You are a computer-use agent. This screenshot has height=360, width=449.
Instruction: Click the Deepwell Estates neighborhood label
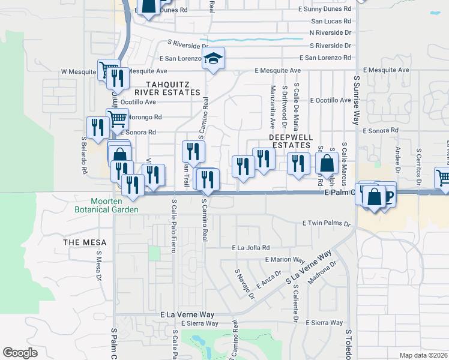pos(291,141)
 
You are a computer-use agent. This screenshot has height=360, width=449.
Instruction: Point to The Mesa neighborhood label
pos(85,242)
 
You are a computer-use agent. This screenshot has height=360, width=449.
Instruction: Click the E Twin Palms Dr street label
pos(325,223)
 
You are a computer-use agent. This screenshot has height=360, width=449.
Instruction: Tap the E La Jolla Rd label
pos(251,247)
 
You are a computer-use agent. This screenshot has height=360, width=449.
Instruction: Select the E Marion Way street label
pos(285,260)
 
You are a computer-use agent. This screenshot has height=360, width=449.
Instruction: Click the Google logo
pos(20,353)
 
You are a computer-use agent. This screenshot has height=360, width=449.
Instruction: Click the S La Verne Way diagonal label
pos(309,268)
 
